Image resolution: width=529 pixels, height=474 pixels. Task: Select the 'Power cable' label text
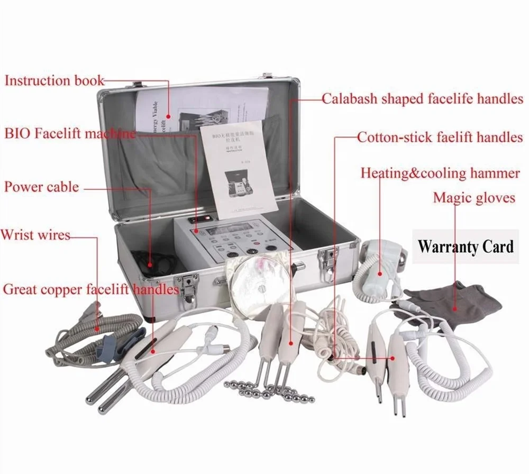(x=42, y=187)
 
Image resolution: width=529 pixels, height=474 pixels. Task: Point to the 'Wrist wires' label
(x=35, y=234)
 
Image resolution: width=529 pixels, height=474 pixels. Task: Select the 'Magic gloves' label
(x=474, y=198)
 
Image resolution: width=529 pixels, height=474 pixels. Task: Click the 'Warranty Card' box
(x=466, y=246)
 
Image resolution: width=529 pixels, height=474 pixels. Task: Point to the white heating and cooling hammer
(x=378, y=262)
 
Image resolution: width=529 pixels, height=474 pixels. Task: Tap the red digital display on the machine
(x=206, y=218)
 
